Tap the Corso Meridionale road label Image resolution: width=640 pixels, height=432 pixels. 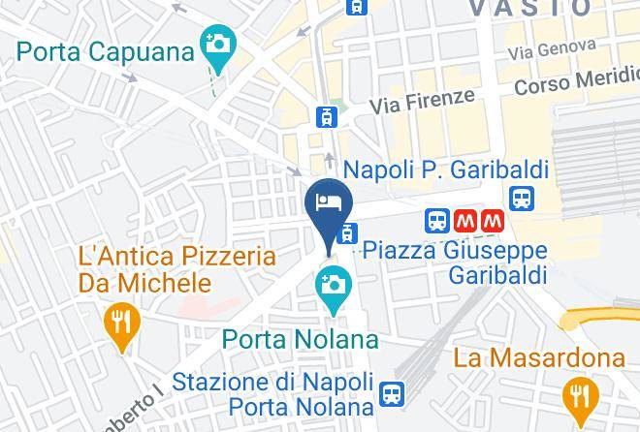coord(577,83)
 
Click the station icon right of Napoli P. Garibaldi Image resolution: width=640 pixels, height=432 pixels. coord(524,199)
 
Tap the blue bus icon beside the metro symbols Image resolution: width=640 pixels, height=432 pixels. coord(438,221)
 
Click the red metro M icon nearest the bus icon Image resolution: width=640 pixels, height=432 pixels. coord(464,221)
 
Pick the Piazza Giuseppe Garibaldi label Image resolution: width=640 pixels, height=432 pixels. coord(455,262)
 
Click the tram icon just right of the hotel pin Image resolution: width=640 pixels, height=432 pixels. coord(346,232)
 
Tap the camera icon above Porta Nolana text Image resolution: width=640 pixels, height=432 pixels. coord(333,285)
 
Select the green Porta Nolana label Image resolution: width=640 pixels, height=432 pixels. coord(300,340)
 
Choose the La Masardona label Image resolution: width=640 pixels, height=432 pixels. coord(540,358)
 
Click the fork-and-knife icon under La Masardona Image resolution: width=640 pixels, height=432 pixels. coord(580,393)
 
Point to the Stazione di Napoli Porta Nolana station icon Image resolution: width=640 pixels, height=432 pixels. coord(392,393)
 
